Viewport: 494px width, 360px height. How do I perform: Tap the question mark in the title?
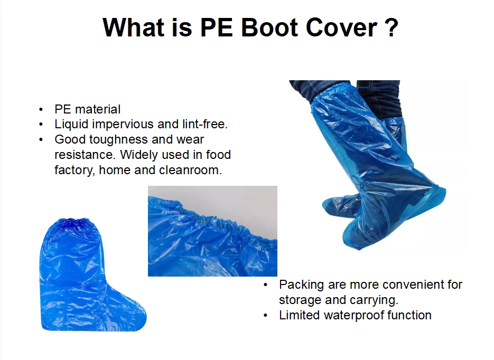[392, 27]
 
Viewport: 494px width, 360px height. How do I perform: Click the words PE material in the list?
[87, 109]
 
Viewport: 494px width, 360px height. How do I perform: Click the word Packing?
[301, 285]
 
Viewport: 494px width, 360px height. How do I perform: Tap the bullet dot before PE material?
[41, 110]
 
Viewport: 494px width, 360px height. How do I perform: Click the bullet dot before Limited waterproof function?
[265, 316]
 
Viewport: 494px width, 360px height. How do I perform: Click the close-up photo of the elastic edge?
[212, 231]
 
